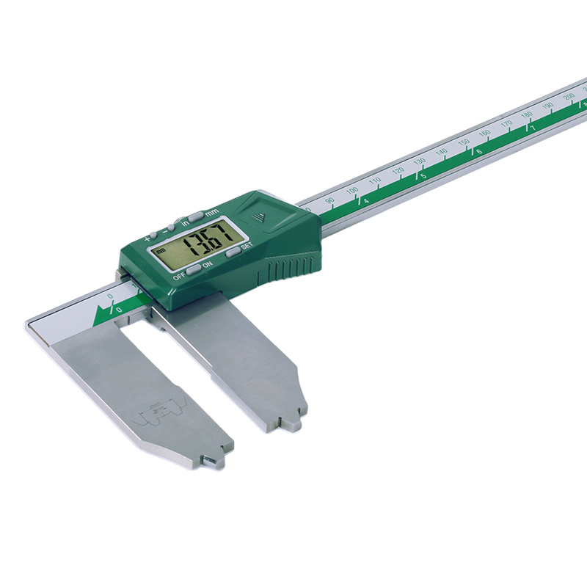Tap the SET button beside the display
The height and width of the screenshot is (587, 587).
click(x=233, y=251)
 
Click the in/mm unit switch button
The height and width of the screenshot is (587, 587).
click(x=195, y=216)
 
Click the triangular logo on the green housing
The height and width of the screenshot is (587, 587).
click(x=258, y=216)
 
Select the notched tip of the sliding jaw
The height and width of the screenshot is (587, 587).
click(x=286, y=423)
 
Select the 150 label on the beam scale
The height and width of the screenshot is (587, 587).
click(x=463, y=142)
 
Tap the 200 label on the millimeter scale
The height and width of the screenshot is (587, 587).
click(x=569, y=96)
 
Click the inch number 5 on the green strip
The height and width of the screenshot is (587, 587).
click(x=423, y=177)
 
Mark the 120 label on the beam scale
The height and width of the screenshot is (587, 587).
click(x=397, y=170)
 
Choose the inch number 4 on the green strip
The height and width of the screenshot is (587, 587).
click(x=366, y=201)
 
